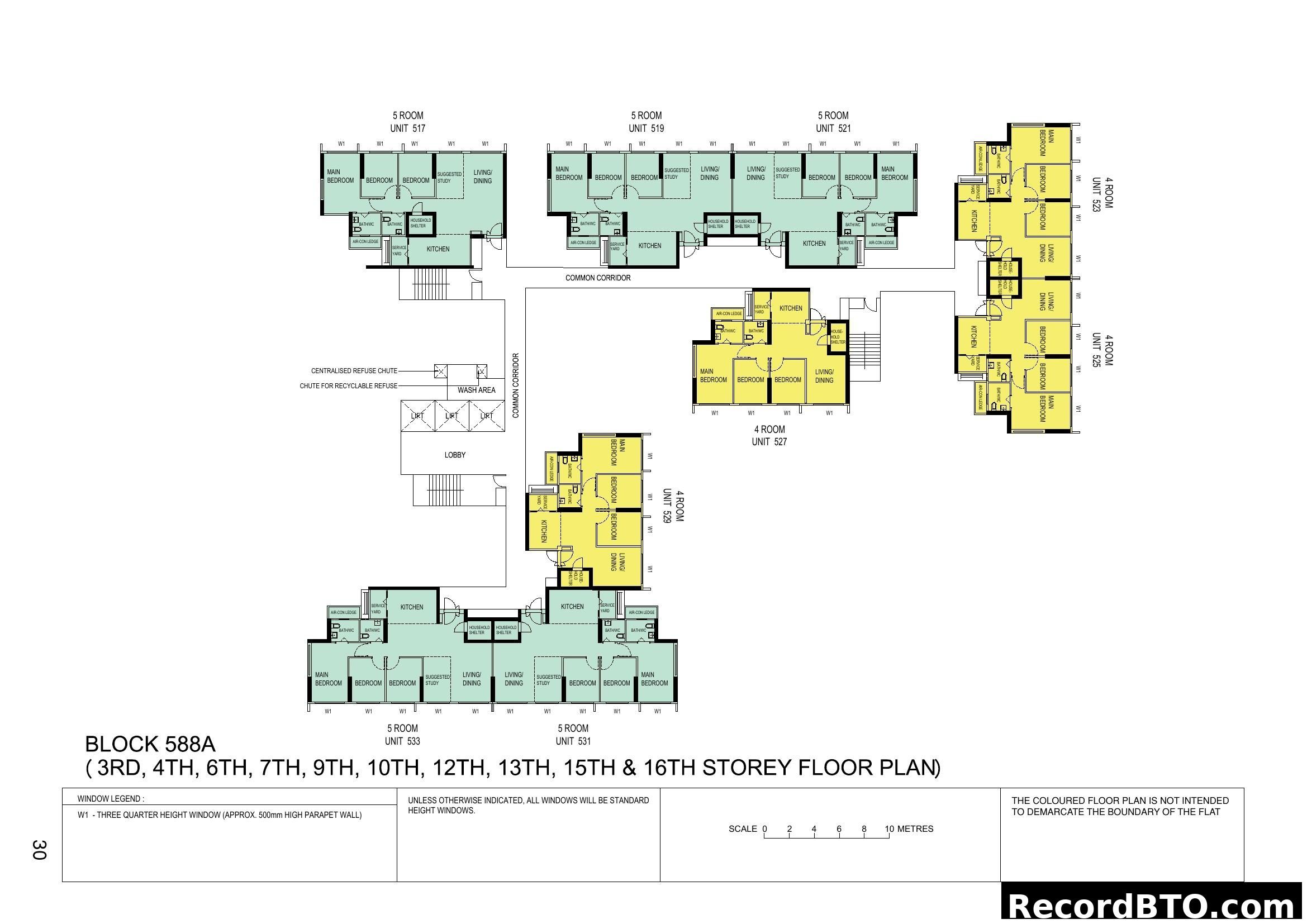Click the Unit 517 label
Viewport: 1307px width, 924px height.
click(x=407, y=128)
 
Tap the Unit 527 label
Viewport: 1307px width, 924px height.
click(x=769, y=442)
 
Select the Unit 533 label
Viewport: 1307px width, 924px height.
click(x=402, y=741)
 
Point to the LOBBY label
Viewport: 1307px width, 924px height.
click(x=455, y=455)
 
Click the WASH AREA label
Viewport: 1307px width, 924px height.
click(x=477, y=390)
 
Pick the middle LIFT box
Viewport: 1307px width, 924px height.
click(x=452, y=416)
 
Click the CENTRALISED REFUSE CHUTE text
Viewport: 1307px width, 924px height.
click(x=354, y=371)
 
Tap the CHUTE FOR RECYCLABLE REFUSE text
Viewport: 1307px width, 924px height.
click(x=348, y=386)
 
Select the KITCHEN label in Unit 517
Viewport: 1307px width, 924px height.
click(x=438, y=249)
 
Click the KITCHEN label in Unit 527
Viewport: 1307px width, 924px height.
click(x=791, y=308)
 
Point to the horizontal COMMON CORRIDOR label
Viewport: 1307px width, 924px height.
click(x=598, y=278)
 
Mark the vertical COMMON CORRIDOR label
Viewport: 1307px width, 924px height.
click(x=516, y=386)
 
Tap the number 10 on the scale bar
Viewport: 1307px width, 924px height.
click(x=889, y=829)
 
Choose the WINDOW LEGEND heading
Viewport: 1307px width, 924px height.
click(x=111, y=799)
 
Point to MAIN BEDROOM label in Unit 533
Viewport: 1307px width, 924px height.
click(x=329, y=679)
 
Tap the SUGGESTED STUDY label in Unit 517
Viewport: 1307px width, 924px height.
click(x=449, y=178)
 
